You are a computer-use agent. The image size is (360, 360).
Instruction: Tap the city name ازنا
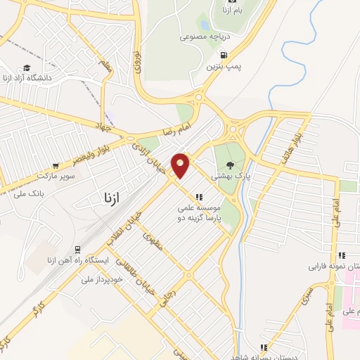(x=111, y=198)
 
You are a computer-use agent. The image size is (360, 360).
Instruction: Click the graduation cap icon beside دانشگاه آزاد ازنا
(x=27, y=67)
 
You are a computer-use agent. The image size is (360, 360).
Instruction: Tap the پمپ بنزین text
(x=224, y=66)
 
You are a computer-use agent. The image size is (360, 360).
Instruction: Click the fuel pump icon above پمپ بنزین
(x=224, y=55)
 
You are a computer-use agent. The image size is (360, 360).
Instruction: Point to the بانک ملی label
(x=29, y=191)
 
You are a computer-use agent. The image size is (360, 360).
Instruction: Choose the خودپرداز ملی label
(x=103, y=278)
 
